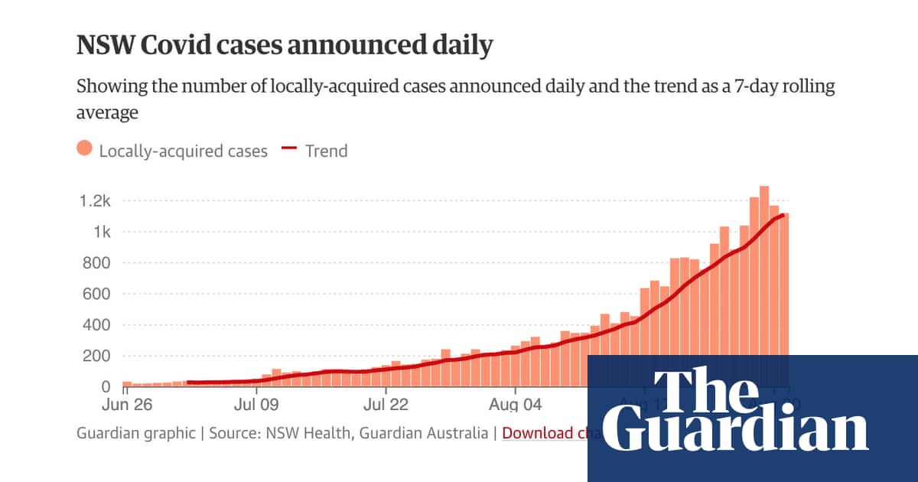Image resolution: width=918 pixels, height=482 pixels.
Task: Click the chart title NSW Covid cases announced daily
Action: click(x=285, y=46)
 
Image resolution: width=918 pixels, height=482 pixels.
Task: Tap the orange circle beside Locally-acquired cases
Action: click(x=85, y=150)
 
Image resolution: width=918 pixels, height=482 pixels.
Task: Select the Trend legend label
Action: click(x=326, y=151)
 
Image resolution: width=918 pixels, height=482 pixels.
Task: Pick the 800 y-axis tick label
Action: click(x=98, y=263)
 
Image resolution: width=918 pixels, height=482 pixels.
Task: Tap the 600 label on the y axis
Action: click(x=98, y=294)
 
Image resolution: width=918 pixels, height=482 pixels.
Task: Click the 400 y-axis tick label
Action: click(x=98, y=325)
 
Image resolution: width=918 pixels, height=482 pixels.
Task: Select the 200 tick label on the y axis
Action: click(x=98, y=356)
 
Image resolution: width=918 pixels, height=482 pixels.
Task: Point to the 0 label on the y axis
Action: click(x=106, y=387)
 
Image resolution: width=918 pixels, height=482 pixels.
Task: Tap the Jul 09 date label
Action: click(x=256, y=403)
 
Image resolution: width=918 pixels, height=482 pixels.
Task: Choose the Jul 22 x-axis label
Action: click(x=386, y=403)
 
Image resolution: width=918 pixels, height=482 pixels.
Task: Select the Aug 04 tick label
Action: click(x=516, y=403)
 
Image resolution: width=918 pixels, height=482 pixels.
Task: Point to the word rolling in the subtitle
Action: click(x=804, y=86)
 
